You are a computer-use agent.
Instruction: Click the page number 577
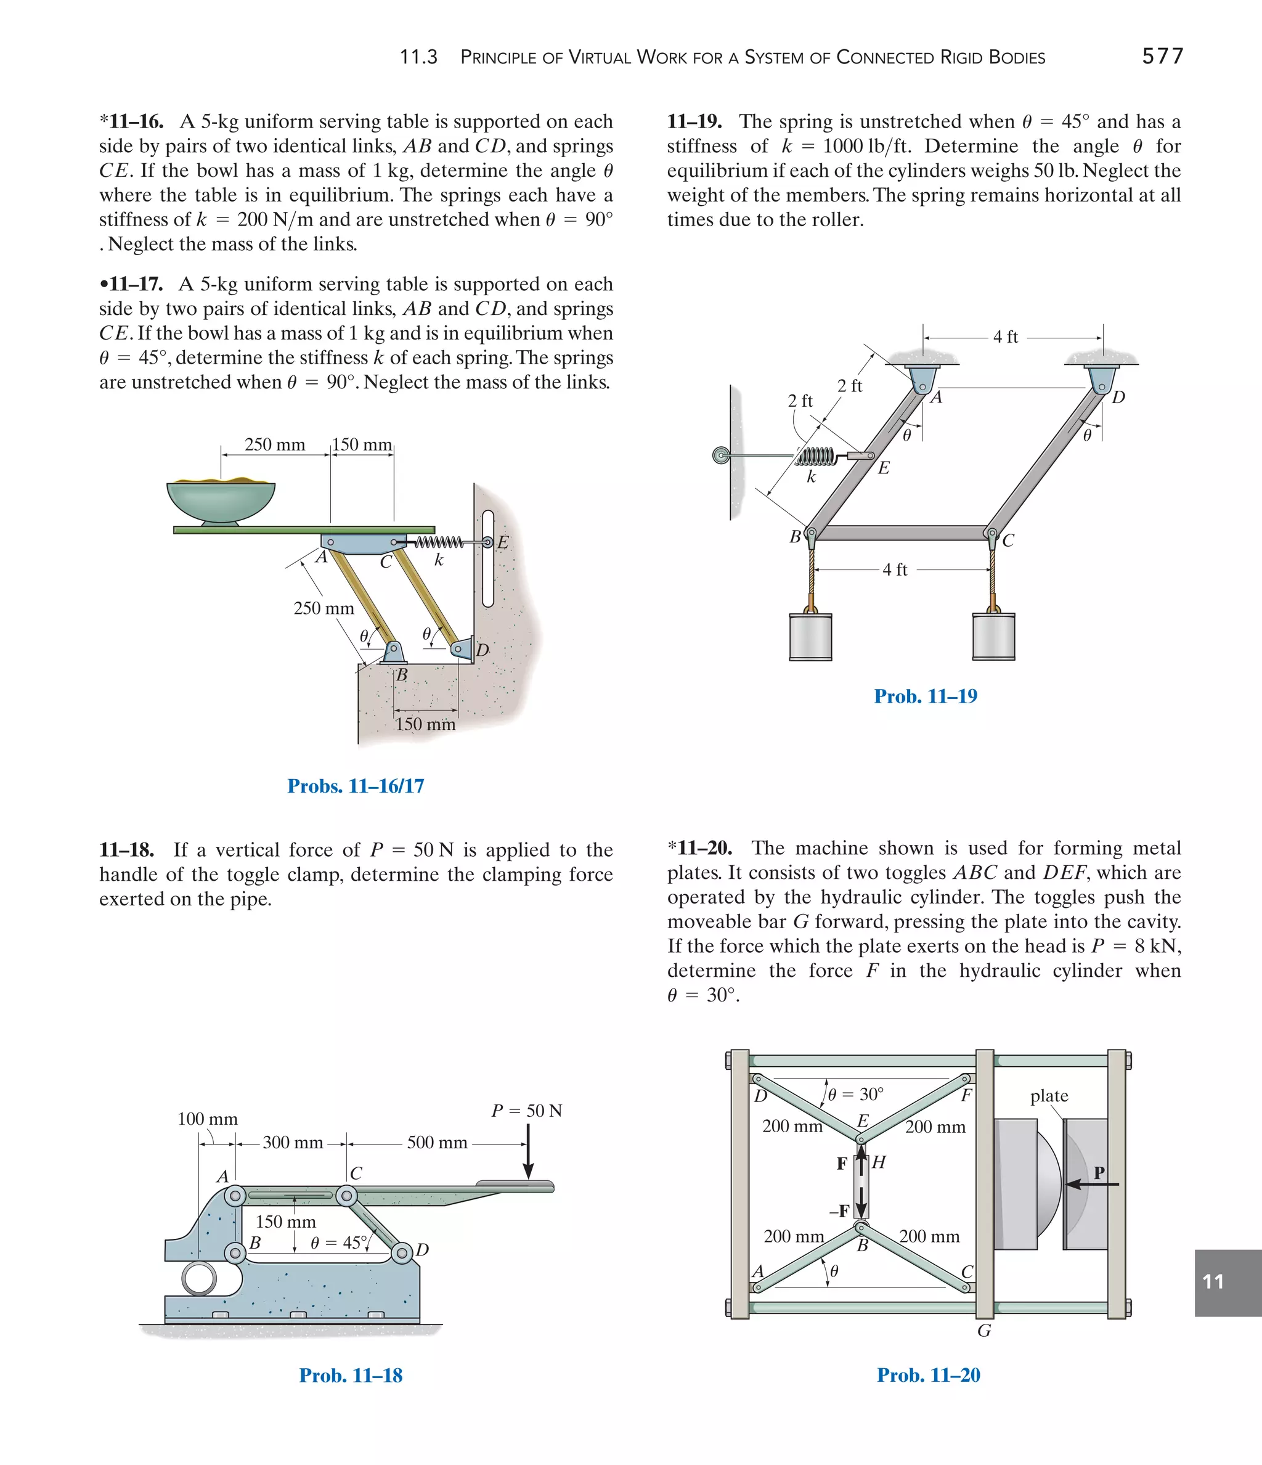pos(1162,57)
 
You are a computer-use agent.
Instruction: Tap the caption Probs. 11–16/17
pos(356,786)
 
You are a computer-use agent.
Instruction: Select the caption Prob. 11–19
pos(926,696)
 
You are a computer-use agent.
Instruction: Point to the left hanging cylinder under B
pos(810,636)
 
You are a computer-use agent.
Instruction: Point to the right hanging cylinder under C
pos(993,636)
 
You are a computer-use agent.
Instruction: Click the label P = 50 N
pos(527,1111)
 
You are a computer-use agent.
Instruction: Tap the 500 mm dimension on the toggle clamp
pos(437,1143)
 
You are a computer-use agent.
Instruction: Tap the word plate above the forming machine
pos(1049,1096)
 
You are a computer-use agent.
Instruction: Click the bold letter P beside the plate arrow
pos(1099,1173)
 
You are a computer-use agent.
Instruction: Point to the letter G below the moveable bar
pos(983,1331)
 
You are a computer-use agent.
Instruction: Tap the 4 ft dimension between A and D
pos(1006,337)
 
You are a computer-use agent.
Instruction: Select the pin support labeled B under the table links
pos(393,651)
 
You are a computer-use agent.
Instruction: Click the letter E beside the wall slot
pos(503,543)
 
